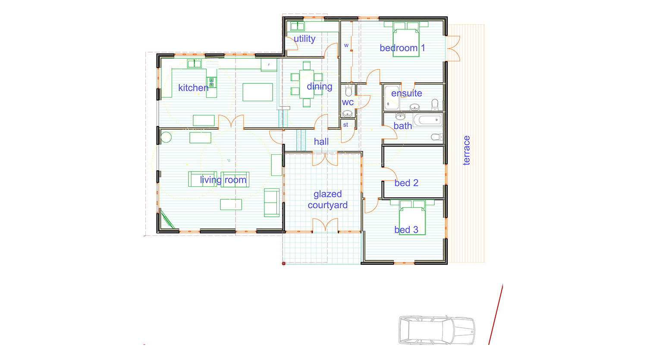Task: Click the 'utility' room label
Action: [305, 39]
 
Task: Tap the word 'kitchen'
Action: [193, 88]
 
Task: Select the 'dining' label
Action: [320, 86]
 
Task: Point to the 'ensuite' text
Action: [407, 93]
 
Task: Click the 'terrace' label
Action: [466, 150]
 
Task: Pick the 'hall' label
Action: [321, 142]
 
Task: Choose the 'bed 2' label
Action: [406, 183]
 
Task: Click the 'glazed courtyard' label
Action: [327, 200]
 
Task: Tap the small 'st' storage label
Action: [345, 125]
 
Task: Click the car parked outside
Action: [437, 330]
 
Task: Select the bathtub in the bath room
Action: [427, 120]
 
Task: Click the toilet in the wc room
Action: [349, 91]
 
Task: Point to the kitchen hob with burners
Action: [211, 82]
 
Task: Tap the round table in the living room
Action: [166, 137]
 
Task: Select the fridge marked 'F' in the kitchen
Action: [269, 65]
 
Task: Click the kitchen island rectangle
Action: [258, 92]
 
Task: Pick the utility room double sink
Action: [297, 26]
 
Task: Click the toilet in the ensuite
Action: [435, 104]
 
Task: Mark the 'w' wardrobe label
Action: [346, 45]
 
